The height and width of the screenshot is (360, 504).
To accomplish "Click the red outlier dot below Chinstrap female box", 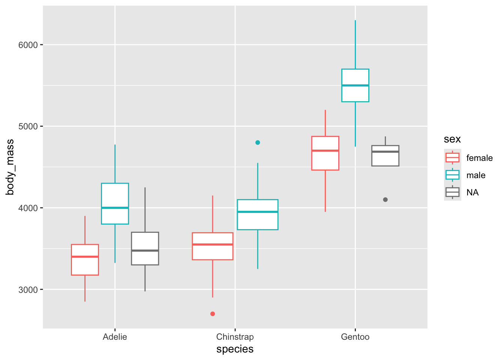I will tap(213, 313).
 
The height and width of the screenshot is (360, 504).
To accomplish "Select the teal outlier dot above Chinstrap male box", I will tap(258, 142).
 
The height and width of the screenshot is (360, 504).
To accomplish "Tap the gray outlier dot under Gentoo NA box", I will tap(385, 199).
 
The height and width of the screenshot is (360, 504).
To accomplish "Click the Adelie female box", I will tap(85, 260).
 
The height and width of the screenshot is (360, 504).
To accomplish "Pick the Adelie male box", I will tap(115, 204).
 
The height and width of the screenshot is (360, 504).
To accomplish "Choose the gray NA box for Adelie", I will tap(145, 249).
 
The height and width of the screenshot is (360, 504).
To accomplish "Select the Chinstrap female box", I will tap(213, 246).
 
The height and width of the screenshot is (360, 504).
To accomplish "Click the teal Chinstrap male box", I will tap(258, 214).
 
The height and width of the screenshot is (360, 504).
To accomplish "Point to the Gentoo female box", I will tap(325, 153).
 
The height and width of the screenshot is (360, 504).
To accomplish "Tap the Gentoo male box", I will tap(355, 85).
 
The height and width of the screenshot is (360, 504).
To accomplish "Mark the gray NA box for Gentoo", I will tap(385, 156).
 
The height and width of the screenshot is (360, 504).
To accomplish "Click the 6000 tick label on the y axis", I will tap(28, 45).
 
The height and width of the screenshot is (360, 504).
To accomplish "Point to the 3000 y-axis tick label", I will tap(28, 289).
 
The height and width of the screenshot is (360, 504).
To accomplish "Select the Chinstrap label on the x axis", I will tap(235, 337).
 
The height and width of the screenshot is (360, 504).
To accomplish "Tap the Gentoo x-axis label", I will tap(355, 337).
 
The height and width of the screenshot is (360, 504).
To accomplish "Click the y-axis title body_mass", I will tap(10, 167).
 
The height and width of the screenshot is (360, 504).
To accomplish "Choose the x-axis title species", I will tap(235, 349).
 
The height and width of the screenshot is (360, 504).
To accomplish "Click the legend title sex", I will tap(452, 139).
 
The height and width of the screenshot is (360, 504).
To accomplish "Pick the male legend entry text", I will tap(476, 175).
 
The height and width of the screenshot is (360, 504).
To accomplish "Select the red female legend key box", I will tap(452, 157).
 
